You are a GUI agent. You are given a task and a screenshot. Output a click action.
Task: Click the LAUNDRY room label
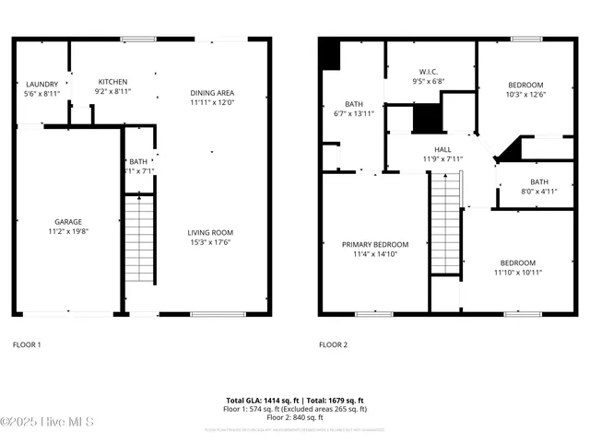click(41, 84)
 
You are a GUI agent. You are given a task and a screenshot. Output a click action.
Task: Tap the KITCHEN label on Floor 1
click(112, 82)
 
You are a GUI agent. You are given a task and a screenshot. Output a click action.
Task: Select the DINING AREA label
click(212, 93)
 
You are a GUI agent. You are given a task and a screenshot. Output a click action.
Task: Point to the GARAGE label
click(67, 222)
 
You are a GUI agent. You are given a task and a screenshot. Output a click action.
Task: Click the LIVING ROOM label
click(210, 233)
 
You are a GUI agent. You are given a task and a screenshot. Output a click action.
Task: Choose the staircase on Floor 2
click(445, 224)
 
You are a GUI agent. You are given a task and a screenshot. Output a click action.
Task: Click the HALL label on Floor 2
click(442, 149)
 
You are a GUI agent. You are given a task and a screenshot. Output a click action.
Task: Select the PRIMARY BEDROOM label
click(375, 245)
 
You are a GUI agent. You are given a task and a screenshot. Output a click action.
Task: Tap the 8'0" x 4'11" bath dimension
click(539, 192)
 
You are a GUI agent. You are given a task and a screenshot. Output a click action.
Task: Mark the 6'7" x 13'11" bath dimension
click(354, 113)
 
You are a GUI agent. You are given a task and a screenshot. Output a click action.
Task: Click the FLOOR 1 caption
click(27, 344)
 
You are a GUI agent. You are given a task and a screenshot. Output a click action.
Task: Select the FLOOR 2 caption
click(333, 344)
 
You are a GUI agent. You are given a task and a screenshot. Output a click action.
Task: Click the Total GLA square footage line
click(297, 401)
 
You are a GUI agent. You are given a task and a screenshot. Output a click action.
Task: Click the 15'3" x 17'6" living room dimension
click(210, 243)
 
